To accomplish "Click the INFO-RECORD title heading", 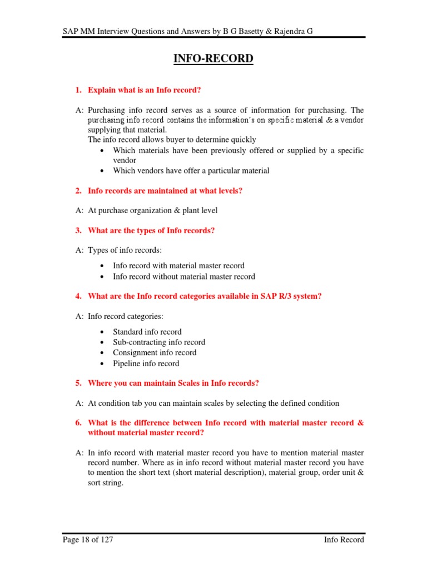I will click(x=213, y=58).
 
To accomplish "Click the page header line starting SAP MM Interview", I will click(x=187, y=32).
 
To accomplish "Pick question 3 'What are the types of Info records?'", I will click(x=151, y=230).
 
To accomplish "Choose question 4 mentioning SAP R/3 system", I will click(x=205, y=296).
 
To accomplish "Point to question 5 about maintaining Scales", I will click(x=173, y=383).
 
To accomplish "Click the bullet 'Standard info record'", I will click(x=147, y=332).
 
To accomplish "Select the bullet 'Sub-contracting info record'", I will click(x=158, y=342).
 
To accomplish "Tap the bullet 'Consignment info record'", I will click(x=154, y=353).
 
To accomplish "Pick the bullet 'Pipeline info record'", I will click(x=146, y=363).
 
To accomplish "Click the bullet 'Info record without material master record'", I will click(x=183, y=277).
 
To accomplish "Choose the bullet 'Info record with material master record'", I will click(x=178, y=266).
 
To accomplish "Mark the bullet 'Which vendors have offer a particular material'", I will click(x=191, y=171).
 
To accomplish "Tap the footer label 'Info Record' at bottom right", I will click(x=344, y=539).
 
